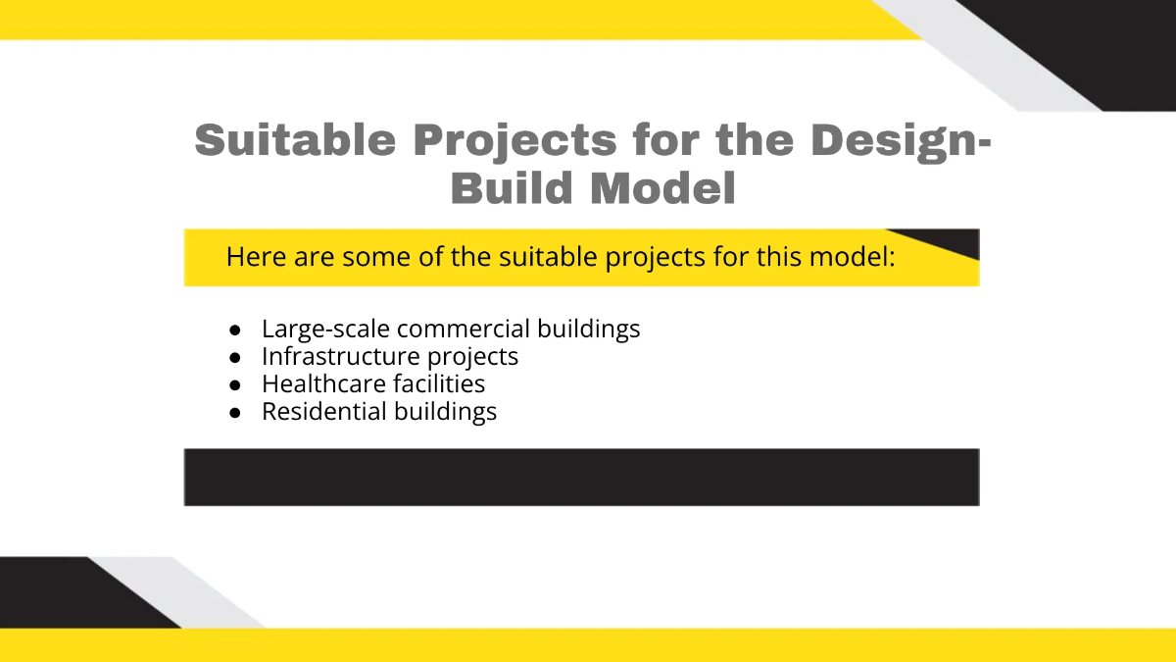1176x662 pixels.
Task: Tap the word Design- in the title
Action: pos(901,140)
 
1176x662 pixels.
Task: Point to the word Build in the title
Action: pos(513,188)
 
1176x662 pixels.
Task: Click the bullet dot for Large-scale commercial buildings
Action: pos(235,330)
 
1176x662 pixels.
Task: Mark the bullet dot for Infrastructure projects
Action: pos(235,357)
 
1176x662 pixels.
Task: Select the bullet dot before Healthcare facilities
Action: pos(235,384)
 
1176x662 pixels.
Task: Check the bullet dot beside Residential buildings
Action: pos(235,412)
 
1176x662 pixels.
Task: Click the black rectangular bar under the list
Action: pos(581,478)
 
